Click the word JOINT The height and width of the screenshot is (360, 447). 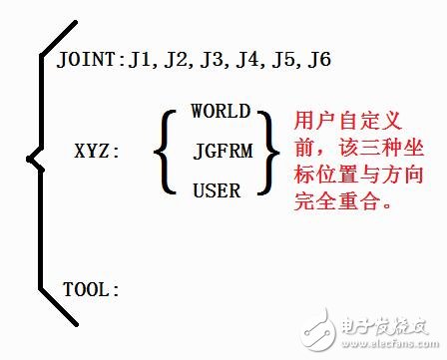pos(89,62)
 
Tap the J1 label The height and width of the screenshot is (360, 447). pos(135,62)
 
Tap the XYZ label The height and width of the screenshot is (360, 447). pos(97,154)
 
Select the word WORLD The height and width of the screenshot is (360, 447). pos(220,112)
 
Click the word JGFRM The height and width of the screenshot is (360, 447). pos(220,151)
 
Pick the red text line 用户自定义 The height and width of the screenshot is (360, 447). pos(342,120)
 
